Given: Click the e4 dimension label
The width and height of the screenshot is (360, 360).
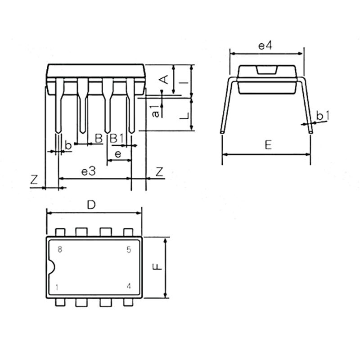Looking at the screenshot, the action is pos(265,46).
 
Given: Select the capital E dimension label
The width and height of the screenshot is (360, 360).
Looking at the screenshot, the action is pos(268,145).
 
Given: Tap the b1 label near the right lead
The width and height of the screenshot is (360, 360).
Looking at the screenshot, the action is pos(323,116).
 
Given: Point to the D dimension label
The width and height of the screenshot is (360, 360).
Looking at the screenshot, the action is pos(91,205).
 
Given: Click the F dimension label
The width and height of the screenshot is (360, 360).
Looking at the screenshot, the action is pos(158,266).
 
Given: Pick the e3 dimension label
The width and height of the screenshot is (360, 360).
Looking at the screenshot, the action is pos(88,171).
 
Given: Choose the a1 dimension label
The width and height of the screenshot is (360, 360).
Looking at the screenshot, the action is pos(155,111).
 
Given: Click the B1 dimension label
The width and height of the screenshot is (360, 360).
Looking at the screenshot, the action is pos(117,138).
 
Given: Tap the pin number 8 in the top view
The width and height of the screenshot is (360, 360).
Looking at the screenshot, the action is pos(60,249).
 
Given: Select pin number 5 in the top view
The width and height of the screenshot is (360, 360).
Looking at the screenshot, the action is pos(129,250).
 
